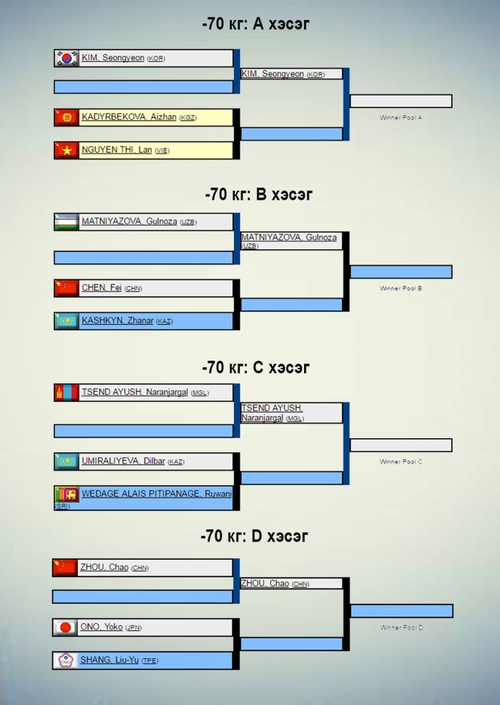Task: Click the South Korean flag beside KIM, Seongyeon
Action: [66, 58]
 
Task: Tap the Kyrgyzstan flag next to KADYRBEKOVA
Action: [66, 117]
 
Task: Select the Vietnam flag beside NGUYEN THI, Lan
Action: [66, 150]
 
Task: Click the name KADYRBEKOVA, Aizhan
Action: [129, 117]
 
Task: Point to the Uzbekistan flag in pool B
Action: [66, 222]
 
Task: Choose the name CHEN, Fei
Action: [102, 288]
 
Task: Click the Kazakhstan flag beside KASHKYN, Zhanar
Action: [66, 321]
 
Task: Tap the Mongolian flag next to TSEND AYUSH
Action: [66, 392]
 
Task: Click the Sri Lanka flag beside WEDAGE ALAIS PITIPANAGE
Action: [66, 494]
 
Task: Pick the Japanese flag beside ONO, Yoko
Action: [65, 627]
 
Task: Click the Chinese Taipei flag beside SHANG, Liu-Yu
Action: [65, 660]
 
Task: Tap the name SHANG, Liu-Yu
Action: [109, 660]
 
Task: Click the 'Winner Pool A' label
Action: [401, 117]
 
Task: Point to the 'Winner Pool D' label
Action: [401, 627]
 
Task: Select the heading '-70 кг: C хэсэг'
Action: [256, 368]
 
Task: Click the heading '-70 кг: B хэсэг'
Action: [259, 194]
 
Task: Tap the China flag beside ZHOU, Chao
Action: [65, 568]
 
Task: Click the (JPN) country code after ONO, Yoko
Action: [133, 627]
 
